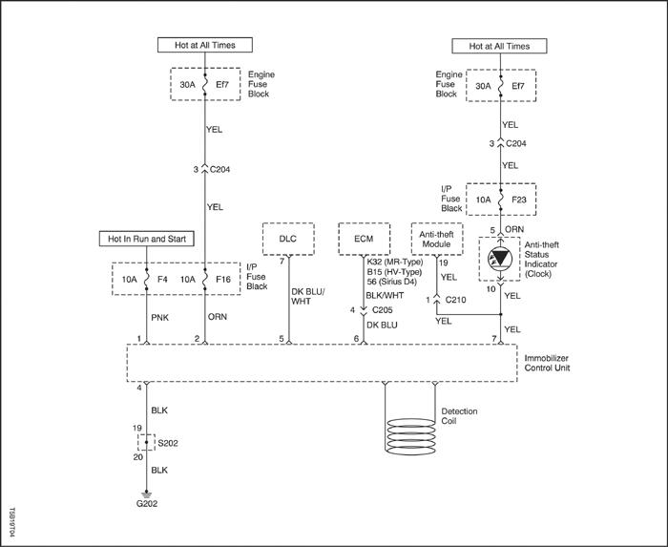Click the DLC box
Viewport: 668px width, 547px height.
coord(288,239)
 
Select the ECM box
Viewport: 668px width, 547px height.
coord(365,239)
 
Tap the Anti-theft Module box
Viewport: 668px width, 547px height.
coord(437,239)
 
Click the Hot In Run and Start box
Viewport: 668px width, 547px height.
coord(147,239)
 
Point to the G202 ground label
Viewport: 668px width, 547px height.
coord(147,503)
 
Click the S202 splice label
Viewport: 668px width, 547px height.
coord(168,444)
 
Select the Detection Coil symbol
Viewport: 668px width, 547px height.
coord(409,436)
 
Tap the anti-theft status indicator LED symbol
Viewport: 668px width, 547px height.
coord(500,259)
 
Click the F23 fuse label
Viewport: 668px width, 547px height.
coord(519,200)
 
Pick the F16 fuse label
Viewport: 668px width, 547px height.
coord(223,280)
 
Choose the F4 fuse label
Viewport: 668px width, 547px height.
coord(162,280)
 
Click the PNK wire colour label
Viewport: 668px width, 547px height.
coord(160,318)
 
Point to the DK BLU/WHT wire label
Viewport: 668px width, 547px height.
coord(307,297)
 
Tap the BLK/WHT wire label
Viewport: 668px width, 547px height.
coord(385,295)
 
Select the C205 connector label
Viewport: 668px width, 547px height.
coord(382,310)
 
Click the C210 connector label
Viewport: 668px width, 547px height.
coord(455,300)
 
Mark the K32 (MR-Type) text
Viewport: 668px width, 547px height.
coord(395,262)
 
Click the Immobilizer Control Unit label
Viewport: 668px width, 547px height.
coord(547,363)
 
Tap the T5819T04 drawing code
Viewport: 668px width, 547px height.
coord(11,522)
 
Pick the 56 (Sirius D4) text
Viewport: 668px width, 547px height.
coord(392,282)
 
